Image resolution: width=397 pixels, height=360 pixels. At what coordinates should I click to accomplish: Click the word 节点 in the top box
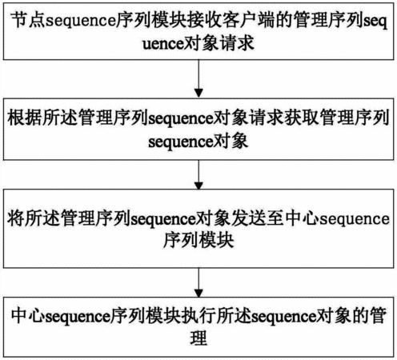coord(28,20)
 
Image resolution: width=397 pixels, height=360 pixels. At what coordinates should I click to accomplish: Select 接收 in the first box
coord(203,20)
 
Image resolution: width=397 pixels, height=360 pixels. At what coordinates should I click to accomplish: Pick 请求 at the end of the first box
coord(237,43)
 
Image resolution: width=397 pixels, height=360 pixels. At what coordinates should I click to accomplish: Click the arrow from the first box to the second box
coord(198,78)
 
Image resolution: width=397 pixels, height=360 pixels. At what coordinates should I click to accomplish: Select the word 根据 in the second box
coord(25,118)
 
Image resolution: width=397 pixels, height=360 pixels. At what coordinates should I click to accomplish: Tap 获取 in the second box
coord(302,118)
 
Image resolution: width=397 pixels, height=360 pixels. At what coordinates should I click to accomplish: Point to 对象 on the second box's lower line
coord(231,141)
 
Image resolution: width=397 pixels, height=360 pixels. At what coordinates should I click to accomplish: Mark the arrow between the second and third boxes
coord(198,174)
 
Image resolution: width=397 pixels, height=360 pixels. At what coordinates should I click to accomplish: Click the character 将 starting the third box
coord(15,218)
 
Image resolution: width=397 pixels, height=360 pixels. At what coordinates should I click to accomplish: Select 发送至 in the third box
coord(258,218)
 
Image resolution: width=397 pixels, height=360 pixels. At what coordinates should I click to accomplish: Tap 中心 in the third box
coord(302,218)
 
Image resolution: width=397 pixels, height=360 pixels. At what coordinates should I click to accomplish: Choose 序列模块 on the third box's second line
coord(198,240)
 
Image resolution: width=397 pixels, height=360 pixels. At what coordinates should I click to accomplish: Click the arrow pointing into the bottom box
coord(198,282)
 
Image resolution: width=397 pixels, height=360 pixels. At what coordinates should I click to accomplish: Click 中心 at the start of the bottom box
coord(28,316)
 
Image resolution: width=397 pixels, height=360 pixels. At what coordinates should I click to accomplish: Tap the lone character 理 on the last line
coord(198,338)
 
